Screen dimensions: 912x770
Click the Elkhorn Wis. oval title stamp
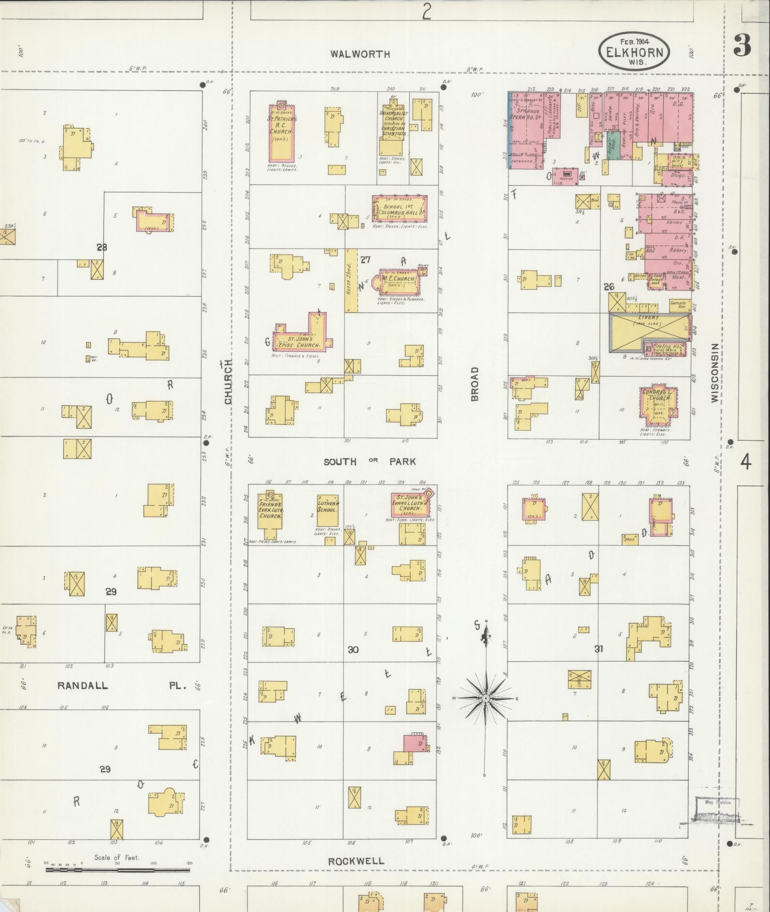[634, 51]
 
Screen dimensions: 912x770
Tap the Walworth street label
[360, 54]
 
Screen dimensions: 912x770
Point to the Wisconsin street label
[715, 373]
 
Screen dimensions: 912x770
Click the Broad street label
[475, 383]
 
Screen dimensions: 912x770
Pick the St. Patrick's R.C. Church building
[281, 133]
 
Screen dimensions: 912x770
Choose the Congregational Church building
[657, 402]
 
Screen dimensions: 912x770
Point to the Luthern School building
[327, 510]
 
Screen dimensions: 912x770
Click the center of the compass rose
[485, 698]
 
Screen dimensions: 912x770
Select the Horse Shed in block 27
[351, 280]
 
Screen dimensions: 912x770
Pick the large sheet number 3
[742, 46]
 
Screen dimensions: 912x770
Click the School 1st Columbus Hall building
[399, 208]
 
